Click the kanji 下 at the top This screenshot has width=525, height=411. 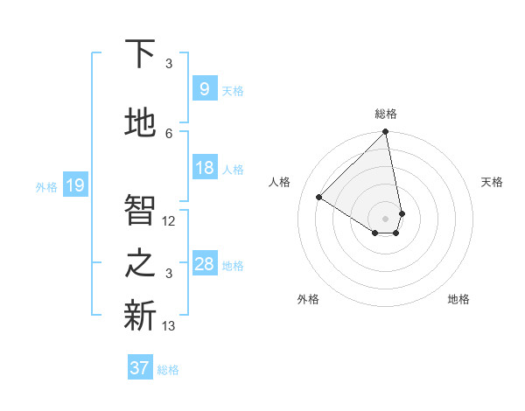(140, 54)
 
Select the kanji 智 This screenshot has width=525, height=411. (140, 210)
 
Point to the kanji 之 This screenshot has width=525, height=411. (140, 263)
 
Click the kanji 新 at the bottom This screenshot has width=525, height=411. (140, 316)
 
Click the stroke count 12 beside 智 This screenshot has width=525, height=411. (169, 221)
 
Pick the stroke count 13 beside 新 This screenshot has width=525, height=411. (169, 326)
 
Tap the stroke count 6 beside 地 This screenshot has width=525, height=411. (169, 134)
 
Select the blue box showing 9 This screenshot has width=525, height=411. (204, 88)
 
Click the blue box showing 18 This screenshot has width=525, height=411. (204, 168)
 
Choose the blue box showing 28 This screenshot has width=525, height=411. (204, 264)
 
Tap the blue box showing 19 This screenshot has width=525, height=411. (74, 185)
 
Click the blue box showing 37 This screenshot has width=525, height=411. (140, 368)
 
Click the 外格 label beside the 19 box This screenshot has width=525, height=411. (46, 186)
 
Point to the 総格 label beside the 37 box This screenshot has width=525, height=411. (168, 370)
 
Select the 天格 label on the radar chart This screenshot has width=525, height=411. (492, 182)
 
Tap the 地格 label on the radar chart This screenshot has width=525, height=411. (458, 299)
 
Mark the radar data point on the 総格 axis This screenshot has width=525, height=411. (385, 132)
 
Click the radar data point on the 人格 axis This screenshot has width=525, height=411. (319, 197)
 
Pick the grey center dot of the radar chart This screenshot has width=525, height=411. (385, 218)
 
